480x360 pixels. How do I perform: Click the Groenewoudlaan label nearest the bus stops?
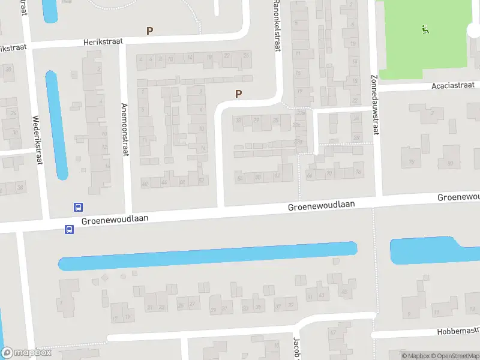point(114,220)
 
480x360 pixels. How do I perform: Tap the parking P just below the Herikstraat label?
point(149,31)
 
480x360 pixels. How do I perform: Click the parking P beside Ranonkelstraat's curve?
point(239,94)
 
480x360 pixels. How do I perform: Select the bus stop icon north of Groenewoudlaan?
point(78,207)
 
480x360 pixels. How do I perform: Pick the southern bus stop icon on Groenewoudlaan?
point(69,229)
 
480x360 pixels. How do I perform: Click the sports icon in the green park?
point(425,28)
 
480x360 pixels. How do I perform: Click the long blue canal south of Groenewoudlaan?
point(207,256)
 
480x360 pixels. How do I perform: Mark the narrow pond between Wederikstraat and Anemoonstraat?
point(56,125)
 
